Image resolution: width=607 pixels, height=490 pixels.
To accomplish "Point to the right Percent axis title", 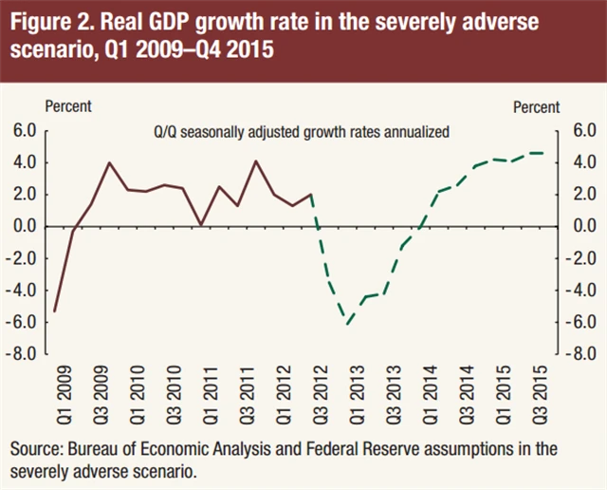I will (536, 107).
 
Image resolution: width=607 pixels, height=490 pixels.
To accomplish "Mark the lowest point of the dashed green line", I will (349, 324).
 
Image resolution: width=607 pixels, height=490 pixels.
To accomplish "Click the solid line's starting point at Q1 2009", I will (55, 311).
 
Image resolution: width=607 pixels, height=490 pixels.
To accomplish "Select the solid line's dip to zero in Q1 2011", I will (201, 224).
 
